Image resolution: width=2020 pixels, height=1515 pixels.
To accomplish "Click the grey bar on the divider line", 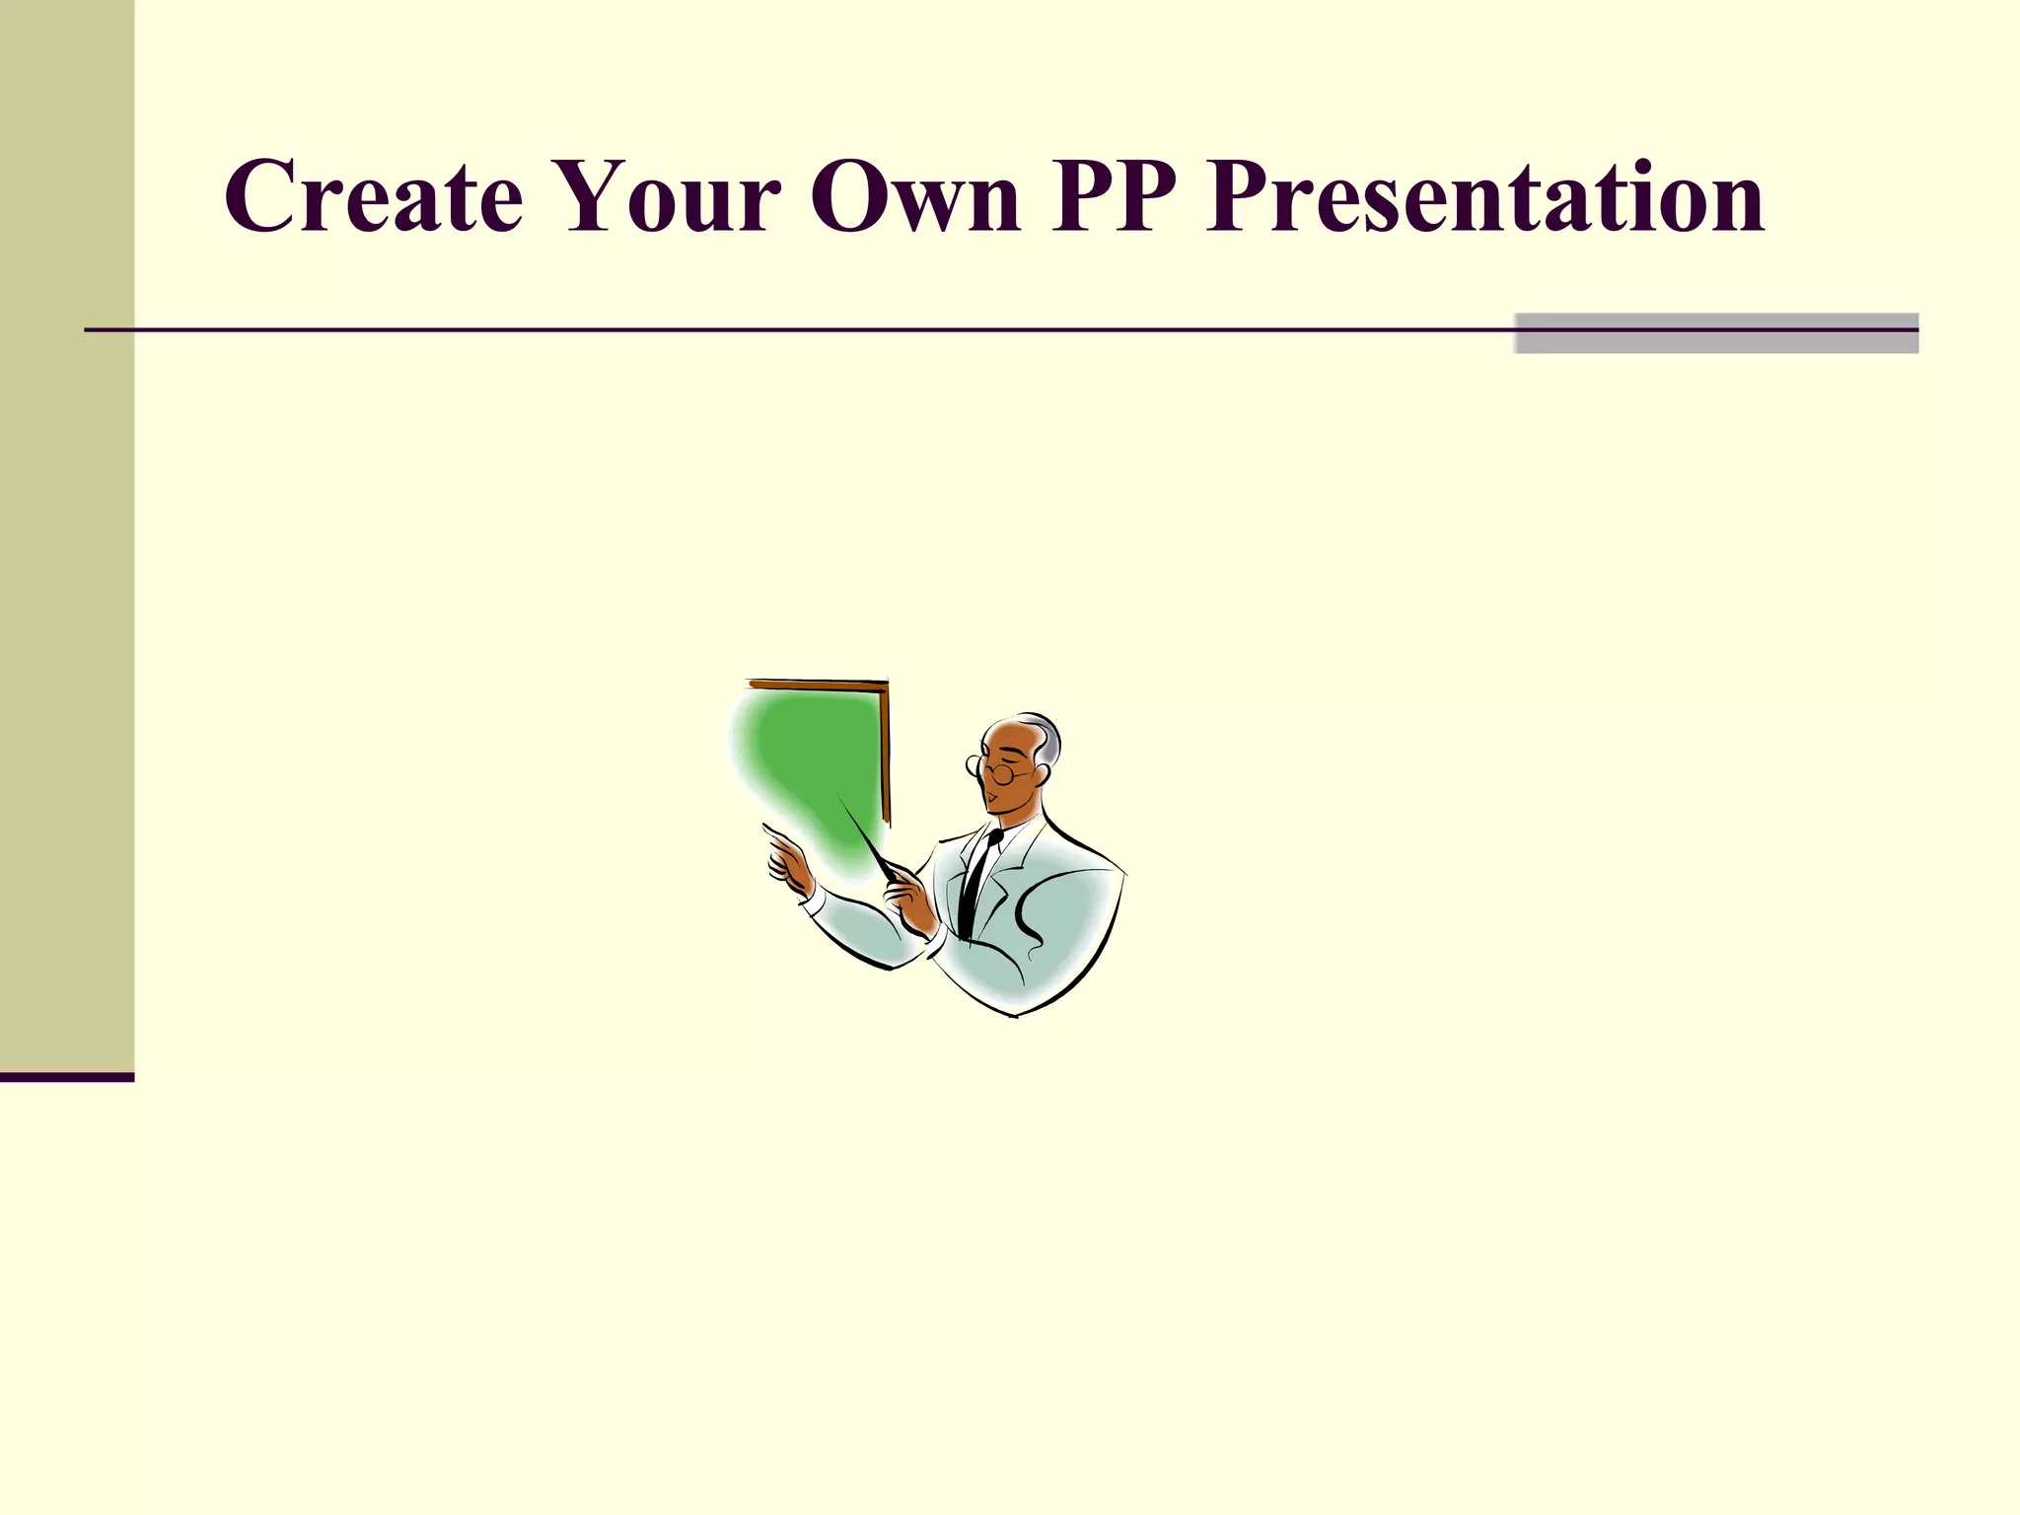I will (1716, 333).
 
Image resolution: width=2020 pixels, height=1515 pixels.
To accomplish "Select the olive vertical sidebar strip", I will (67, 533).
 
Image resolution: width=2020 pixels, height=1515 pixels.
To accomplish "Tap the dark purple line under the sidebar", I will (67, 1077).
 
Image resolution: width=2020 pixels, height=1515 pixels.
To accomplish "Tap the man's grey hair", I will (1047, 735).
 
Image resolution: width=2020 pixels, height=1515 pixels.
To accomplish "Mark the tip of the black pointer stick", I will (840, 797).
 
